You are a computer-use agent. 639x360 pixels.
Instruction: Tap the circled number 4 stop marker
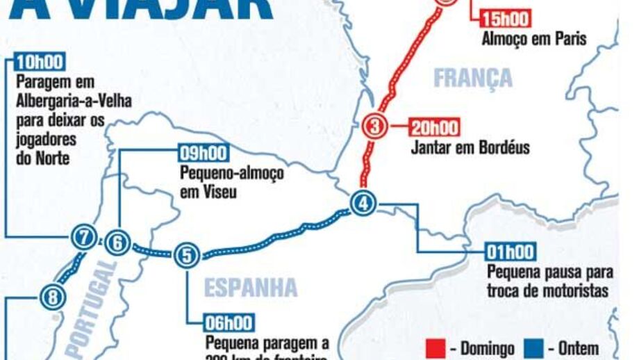click(x=363, y=204)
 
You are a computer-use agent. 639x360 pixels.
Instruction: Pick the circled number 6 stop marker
click(x=118, y=243)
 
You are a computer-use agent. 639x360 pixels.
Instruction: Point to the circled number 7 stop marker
click(x=83, y=238)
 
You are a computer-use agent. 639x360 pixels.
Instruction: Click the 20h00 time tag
click(x=435, y=128)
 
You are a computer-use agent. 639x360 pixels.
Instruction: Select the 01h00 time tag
click(x=511, y=252)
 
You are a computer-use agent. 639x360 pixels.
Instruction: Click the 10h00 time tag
click(x=38, y=61)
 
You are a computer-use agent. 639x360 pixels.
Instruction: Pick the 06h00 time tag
click(x=229, y=323)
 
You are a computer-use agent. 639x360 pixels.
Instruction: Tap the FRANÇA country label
click(x=472, y=77)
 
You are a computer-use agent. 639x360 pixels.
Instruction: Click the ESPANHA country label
click(x=252, y=287)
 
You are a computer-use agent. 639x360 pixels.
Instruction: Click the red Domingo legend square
click(x=435, y=347)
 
